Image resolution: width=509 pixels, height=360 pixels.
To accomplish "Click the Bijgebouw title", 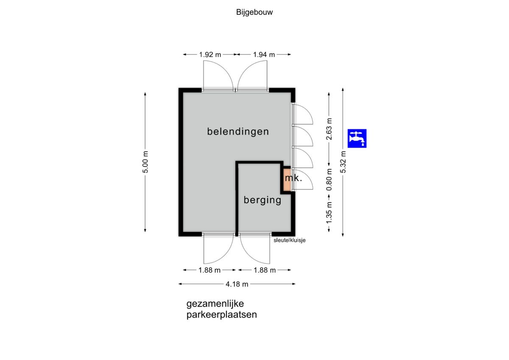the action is point(254,12).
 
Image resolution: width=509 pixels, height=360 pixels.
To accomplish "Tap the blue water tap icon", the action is point(357,138).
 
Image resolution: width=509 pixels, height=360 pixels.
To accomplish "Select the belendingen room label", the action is point(238,131).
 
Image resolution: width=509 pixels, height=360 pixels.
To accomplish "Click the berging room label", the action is point(263,200).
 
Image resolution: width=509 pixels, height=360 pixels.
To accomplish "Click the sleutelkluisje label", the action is point(289,240).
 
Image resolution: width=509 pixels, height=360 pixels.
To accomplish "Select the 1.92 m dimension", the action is point(210,55).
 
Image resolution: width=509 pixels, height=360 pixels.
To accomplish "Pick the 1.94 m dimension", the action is point(264,55).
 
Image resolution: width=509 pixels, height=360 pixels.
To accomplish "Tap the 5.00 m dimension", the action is point(145,162).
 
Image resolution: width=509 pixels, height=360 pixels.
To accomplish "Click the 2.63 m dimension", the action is point(329,129).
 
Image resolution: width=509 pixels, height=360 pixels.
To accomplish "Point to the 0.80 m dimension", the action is point(329,179).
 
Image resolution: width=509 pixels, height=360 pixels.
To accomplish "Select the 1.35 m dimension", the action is point(329,213).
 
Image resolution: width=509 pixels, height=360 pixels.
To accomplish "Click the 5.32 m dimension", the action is point(343,162).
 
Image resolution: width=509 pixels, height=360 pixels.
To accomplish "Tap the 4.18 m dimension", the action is point(237,284).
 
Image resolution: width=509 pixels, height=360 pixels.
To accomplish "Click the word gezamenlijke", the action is point(215,304).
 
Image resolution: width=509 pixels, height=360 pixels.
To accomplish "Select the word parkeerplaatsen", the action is point(221,315).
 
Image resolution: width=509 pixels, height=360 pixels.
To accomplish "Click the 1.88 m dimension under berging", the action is point(265,270).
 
